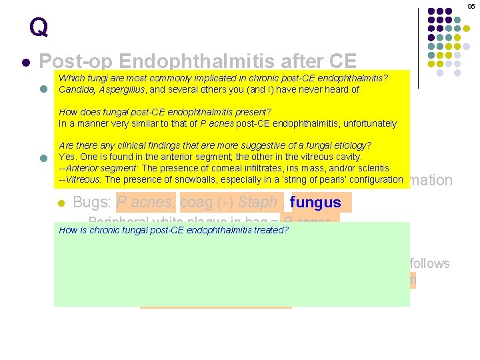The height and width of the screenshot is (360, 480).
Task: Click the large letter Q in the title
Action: (x=39, y=27)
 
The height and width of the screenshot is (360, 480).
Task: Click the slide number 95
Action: (x=471, y=6)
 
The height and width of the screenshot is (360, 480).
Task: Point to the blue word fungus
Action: (x=316, y=202)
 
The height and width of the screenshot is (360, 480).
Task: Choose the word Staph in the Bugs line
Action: (x=258, y=202)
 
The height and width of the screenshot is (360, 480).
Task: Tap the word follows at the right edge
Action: (x=430, y=263)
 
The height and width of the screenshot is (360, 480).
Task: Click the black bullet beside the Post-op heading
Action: (x=25, y=63)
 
